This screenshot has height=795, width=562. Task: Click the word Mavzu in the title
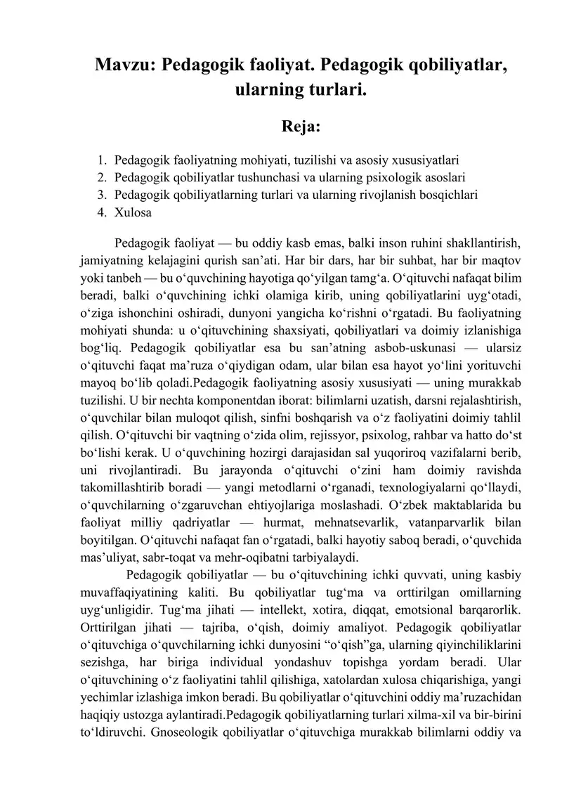[x=124, y=65]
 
